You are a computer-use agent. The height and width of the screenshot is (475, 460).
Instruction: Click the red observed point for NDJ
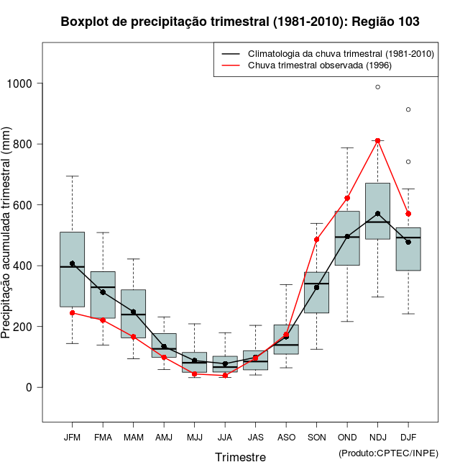[377, 141]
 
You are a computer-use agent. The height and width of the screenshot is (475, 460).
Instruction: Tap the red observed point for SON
[316, 240]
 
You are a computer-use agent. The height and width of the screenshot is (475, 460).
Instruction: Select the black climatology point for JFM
[72, 263]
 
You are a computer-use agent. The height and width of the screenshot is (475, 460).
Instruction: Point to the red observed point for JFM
[72, 313]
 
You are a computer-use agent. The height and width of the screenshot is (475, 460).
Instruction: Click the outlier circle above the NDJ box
[377, 87]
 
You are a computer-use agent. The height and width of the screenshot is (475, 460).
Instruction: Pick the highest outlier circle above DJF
[408, 109]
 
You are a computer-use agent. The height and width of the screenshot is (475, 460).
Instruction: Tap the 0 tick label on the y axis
[29, 387]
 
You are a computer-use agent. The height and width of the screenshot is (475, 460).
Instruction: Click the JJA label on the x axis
[225, 438]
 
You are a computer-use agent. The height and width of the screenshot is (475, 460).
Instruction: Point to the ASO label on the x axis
[286, 438]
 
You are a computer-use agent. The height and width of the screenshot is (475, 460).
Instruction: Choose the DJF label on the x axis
[408, 438]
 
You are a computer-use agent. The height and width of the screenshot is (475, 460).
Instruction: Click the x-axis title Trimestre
[240, 457]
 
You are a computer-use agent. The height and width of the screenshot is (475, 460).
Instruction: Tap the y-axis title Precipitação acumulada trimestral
[6, 234]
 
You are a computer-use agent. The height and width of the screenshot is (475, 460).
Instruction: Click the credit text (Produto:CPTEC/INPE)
[387, 453]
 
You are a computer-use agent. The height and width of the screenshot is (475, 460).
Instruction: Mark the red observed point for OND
[347, 198]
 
